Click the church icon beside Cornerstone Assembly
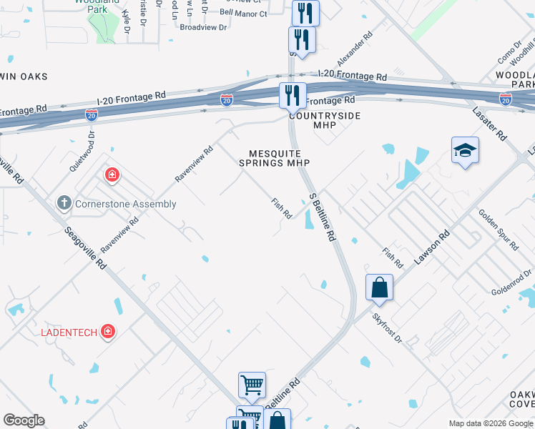(64, 204)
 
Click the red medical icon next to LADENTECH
(107, 332)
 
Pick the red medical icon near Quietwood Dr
(112, 174)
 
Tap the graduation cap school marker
(465, 150)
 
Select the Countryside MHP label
(324, 120)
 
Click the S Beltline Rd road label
(323, 216)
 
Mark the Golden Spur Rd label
(498, 230)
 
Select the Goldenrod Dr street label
(512, 282)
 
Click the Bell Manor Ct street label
(243, 13)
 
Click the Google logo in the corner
(24, 420)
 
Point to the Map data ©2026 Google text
(491, 423)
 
